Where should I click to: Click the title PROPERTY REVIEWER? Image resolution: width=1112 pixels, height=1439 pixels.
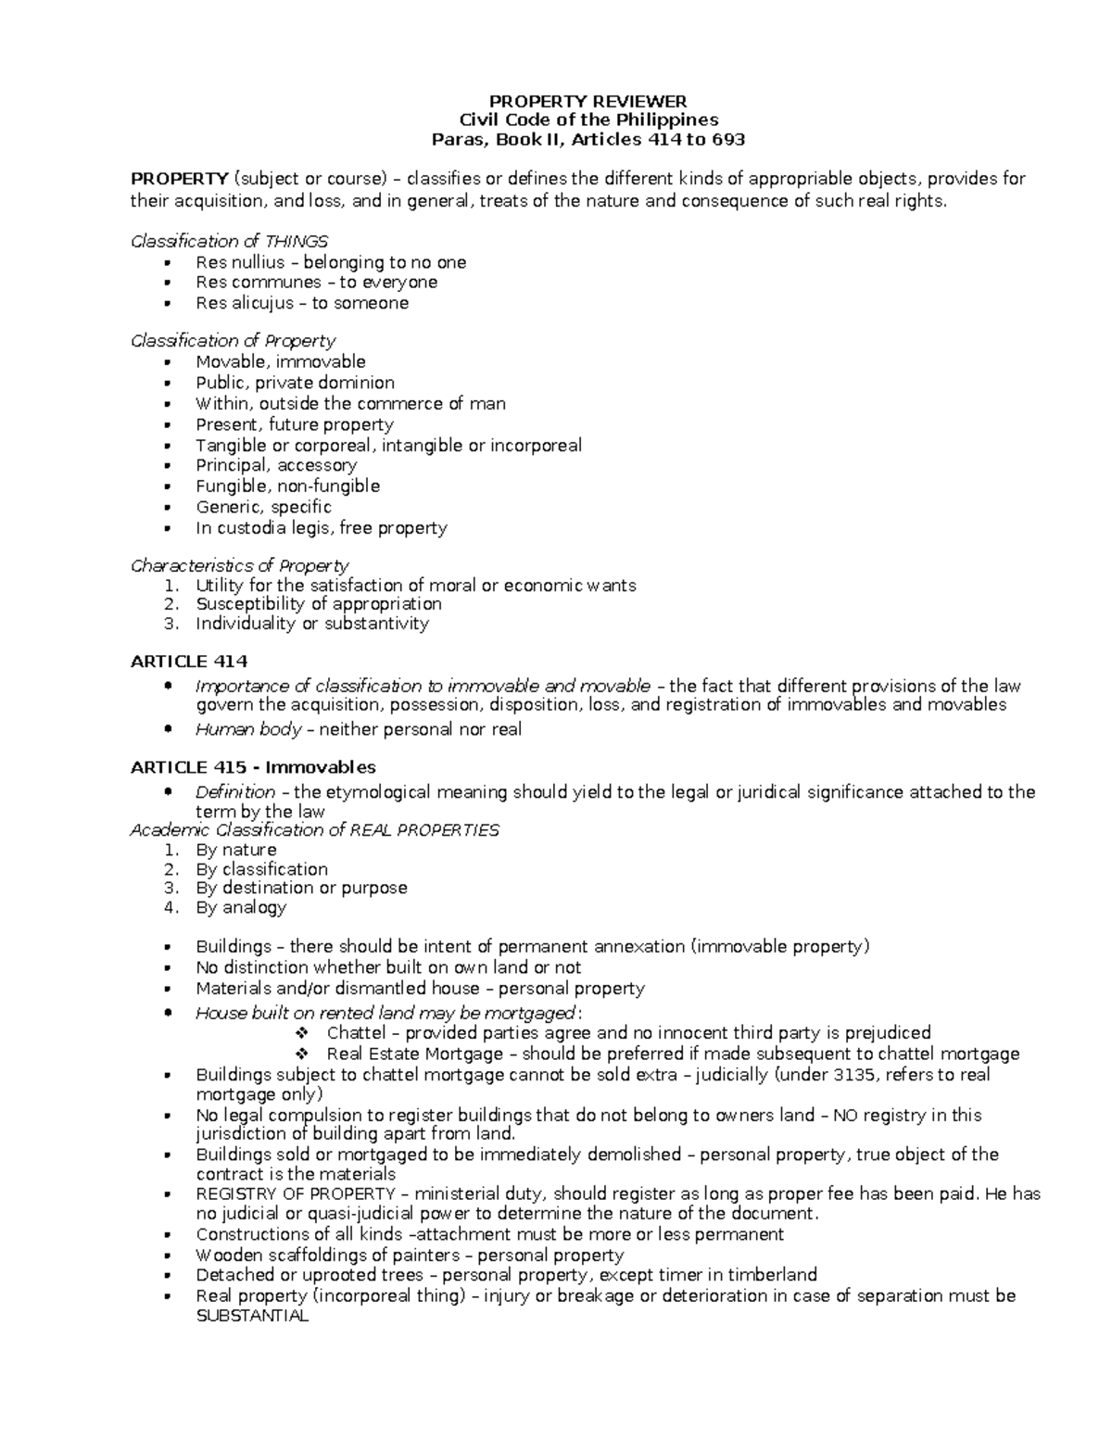point(588,101)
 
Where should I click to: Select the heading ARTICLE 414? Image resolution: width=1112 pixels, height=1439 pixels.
point(189,662)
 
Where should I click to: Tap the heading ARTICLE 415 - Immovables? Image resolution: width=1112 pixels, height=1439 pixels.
point(253,767)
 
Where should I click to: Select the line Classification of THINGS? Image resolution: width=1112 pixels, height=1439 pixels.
point(230,241)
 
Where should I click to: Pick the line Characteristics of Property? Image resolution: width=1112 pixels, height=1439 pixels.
point(240,565)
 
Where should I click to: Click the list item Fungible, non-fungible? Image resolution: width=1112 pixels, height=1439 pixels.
point(287,486)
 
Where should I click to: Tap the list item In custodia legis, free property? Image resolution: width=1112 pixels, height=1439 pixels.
point(321,528)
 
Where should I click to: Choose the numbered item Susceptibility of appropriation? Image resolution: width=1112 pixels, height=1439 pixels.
point(318,604)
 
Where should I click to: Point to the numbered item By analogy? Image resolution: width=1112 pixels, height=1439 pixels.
point(241,907)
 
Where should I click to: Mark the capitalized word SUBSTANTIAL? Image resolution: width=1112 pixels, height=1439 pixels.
point(251,1316)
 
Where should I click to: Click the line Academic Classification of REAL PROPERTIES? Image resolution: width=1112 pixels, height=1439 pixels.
point(315,830)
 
